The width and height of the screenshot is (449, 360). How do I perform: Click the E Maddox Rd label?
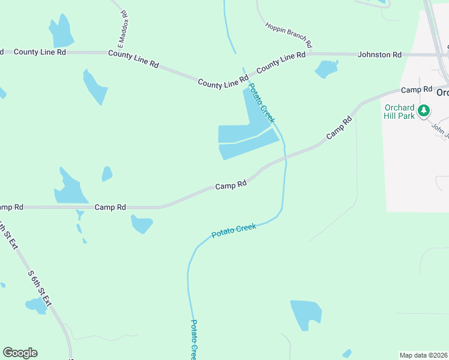point(122,29)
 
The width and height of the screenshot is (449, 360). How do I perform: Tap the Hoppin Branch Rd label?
point(289,34)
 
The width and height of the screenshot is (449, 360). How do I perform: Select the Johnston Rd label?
point(379,55)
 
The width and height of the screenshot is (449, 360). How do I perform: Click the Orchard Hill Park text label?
point(400,112)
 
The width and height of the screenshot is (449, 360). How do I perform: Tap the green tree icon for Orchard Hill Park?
point(424,110)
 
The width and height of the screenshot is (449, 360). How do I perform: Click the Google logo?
point(20,353)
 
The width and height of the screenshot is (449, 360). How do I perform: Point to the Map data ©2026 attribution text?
point(423,355)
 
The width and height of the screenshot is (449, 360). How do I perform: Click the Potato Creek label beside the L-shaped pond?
point(261,103)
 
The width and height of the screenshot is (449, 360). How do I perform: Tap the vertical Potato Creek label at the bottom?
point(194,340)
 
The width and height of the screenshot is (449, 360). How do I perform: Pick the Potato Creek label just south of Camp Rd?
point(234,230)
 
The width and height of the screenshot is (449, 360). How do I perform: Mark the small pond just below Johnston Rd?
point(326,68)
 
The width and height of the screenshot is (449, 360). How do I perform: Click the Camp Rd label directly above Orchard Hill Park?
point(417,89)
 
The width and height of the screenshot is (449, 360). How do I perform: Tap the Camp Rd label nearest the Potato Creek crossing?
point(231,186)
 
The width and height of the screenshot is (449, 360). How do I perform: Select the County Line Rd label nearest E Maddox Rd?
point(133,58)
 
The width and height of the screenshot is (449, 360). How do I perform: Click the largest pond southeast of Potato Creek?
point(306,314)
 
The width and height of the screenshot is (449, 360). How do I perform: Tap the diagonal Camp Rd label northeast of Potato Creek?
point(339,128)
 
